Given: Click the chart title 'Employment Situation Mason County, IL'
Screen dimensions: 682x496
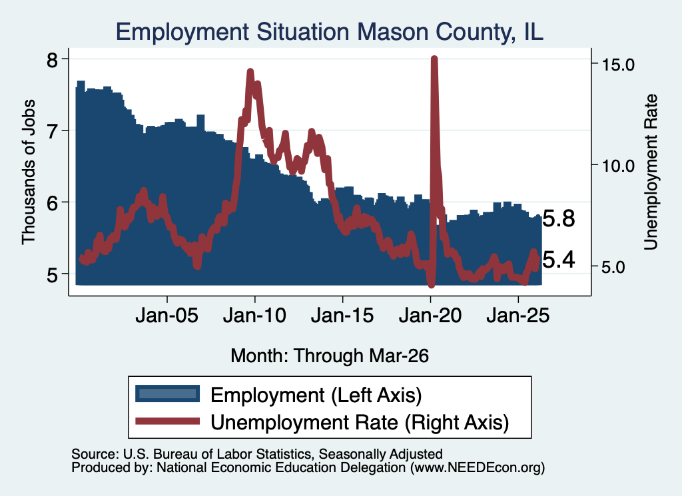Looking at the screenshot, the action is coord(329,32).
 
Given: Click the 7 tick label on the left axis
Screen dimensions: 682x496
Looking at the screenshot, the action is coord(52,131).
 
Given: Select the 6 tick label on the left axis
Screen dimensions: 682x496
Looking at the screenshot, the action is coord(52,202).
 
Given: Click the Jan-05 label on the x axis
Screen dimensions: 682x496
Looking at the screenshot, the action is coord(167,315).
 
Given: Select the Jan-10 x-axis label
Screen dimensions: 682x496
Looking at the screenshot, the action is coord(255,315).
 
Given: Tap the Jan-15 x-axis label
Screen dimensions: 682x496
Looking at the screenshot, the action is coord(342,315).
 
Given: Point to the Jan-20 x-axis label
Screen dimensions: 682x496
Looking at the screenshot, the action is coord(430,315).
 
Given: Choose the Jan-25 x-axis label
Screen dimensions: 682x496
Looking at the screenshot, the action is coord(518,315).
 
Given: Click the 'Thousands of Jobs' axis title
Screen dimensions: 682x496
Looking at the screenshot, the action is coord(28,172).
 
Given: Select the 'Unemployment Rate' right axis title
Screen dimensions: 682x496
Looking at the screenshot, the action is coord(651,172).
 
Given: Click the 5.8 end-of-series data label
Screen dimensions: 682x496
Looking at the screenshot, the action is coord(559,218).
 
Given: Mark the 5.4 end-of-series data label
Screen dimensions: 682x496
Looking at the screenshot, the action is coord(559,260).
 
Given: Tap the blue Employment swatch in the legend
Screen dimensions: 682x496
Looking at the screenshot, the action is coord(167,393).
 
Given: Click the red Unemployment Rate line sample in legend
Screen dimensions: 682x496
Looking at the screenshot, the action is coord(167,421).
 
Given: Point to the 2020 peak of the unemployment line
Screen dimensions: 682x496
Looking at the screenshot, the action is coord(434,58).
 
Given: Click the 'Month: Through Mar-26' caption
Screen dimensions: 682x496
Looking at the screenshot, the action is coord(330,356).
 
